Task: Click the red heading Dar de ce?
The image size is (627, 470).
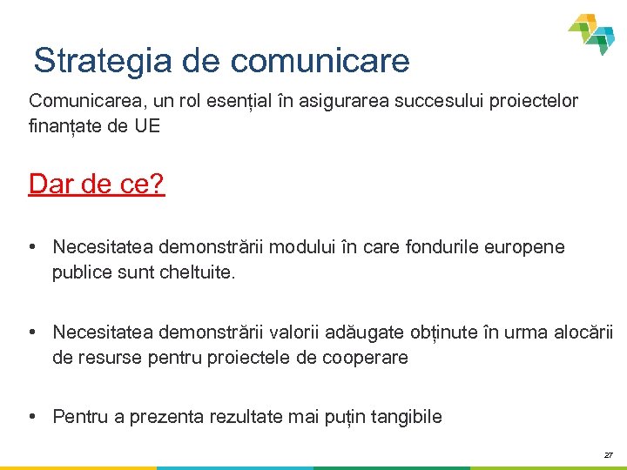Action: coord(97,184)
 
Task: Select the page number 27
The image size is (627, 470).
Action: coord(608,454)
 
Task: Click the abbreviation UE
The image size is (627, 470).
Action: coord(147,125)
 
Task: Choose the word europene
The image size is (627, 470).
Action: coord(528,247)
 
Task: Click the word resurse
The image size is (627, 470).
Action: coord(107,357)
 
